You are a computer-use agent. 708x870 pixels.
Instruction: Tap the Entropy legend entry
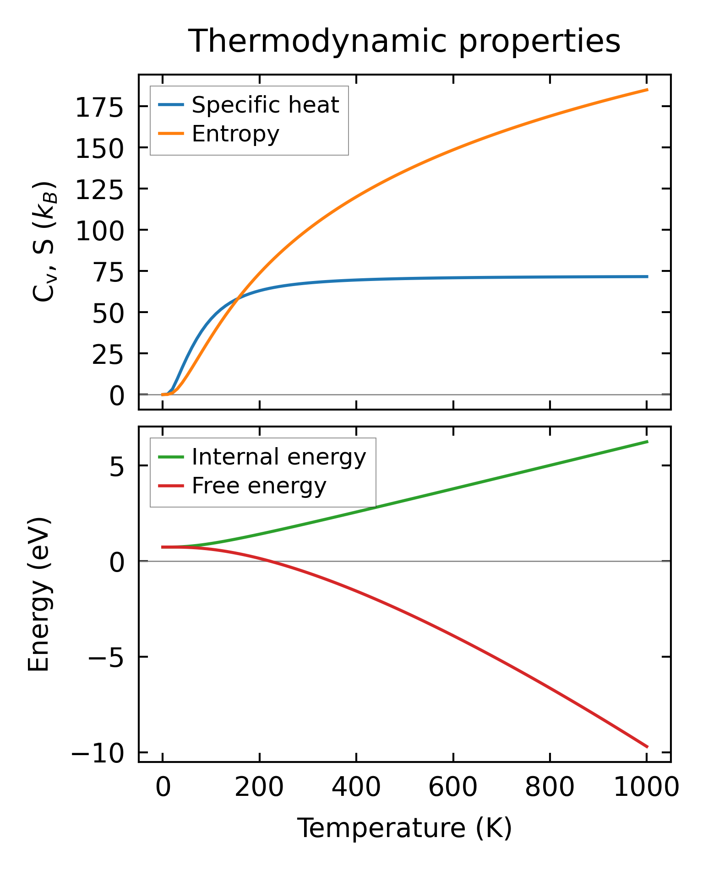235,134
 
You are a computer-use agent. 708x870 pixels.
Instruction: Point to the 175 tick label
99,108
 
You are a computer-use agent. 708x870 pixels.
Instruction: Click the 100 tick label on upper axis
99,232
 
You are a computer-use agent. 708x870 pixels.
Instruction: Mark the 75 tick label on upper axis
108,273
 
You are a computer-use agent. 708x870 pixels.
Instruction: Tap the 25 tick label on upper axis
108,355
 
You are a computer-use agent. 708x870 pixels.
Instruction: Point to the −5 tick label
106,659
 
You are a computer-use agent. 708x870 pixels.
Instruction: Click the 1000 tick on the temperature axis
646,788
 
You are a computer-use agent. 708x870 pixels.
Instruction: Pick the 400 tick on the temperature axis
356,788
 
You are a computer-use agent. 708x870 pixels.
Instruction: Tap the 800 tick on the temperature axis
550,788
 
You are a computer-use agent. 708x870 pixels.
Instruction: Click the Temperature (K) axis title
404,828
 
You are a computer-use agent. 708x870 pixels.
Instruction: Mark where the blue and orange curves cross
237,298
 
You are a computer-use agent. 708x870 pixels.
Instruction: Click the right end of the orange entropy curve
648,90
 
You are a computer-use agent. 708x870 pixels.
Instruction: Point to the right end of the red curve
648,747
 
